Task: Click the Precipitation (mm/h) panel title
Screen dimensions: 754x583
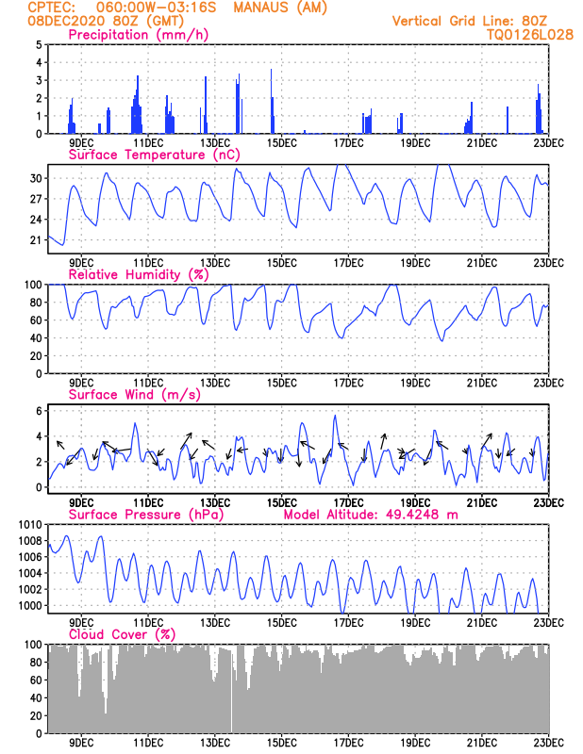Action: (x=139, y=35)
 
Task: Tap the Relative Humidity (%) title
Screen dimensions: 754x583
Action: (x=138, y=274)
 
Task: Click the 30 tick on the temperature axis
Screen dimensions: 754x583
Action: (x=35, y=178)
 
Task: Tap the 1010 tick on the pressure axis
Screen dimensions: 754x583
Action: (x=28, y=524)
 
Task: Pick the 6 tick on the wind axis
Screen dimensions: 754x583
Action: (x=38, y=411)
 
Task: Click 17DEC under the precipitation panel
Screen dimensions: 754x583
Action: (x=348, y=142)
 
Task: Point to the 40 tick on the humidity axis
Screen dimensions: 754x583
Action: (x=35, y=337)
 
